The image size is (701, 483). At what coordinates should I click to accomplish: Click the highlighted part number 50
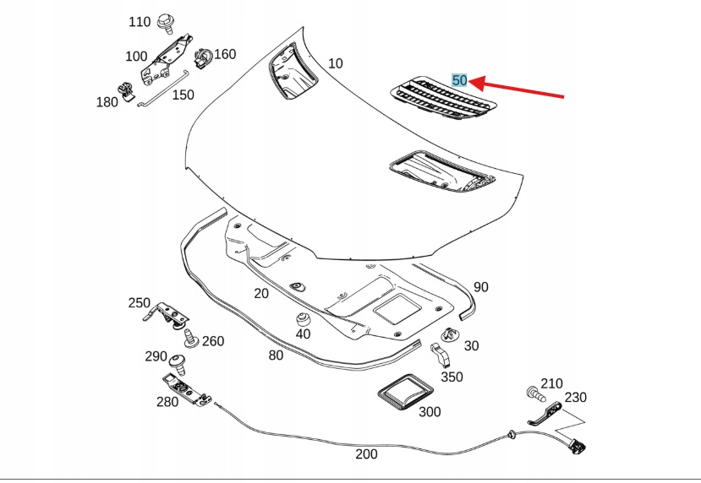(459, 80)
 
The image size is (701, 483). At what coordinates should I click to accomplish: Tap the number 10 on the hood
(336, 63)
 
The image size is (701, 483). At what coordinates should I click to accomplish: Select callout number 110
(140, 22)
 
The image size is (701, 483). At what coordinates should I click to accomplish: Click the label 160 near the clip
(225, 55)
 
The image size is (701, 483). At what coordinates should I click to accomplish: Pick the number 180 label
(107, 102)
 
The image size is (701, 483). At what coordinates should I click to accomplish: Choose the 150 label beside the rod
(183, 95)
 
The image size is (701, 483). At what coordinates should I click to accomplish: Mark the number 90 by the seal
(480, 287)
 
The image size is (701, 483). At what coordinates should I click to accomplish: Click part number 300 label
(430, 412)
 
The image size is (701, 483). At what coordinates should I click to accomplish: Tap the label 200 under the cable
(366, 454)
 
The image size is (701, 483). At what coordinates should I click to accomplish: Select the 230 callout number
(575, 398)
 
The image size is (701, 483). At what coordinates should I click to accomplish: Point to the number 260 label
(213, 341)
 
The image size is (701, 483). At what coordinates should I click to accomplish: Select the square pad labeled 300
(403, 396)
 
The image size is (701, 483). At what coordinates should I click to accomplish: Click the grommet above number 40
(300, 320)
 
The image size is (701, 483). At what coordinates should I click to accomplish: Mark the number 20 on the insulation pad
(260, 294)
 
